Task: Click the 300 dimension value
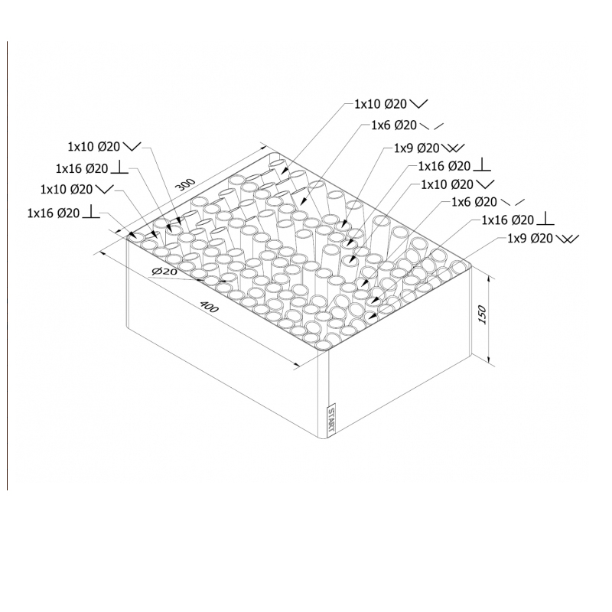[x=186, y=184]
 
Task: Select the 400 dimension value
[x=209, y=307]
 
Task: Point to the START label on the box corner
[x=331, y=422]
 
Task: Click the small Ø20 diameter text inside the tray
[x=164, y=272]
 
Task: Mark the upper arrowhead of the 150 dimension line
[x=489, y=278]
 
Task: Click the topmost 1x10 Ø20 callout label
[x=380, y=104]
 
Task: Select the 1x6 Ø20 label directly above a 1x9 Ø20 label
[x=394, y=125]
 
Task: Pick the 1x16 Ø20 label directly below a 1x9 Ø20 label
[x=444, y=166]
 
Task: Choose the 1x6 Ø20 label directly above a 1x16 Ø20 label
[x=474, y=202]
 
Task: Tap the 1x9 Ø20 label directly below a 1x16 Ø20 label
[x=530, y=238]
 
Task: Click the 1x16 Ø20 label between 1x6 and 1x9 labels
[x=507, y=220]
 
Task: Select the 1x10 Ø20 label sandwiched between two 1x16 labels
[x=67, y=189]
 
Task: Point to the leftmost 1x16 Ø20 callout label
[x=54, y=213]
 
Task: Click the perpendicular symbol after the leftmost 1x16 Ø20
[x=91, y=212]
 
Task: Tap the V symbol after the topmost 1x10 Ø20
[x=419, y=104]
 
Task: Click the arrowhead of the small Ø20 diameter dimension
[x=223, y=281]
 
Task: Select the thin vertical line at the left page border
[x=8, y=265]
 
